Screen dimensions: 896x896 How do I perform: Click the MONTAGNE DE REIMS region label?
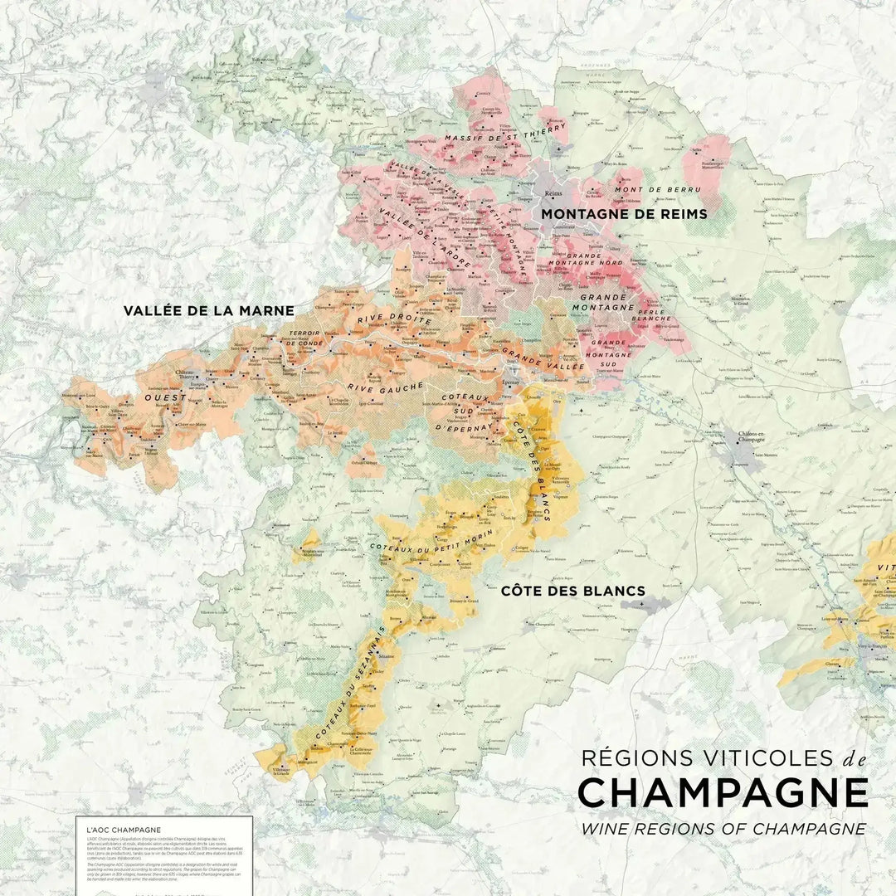624,214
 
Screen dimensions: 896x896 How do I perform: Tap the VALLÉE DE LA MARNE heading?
209,311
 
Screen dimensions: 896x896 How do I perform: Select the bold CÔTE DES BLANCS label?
572,591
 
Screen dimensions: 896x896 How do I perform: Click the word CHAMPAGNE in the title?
723,793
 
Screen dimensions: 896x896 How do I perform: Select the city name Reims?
553,194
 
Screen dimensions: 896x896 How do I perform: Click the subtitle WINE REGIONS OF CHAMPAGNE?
723,828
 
